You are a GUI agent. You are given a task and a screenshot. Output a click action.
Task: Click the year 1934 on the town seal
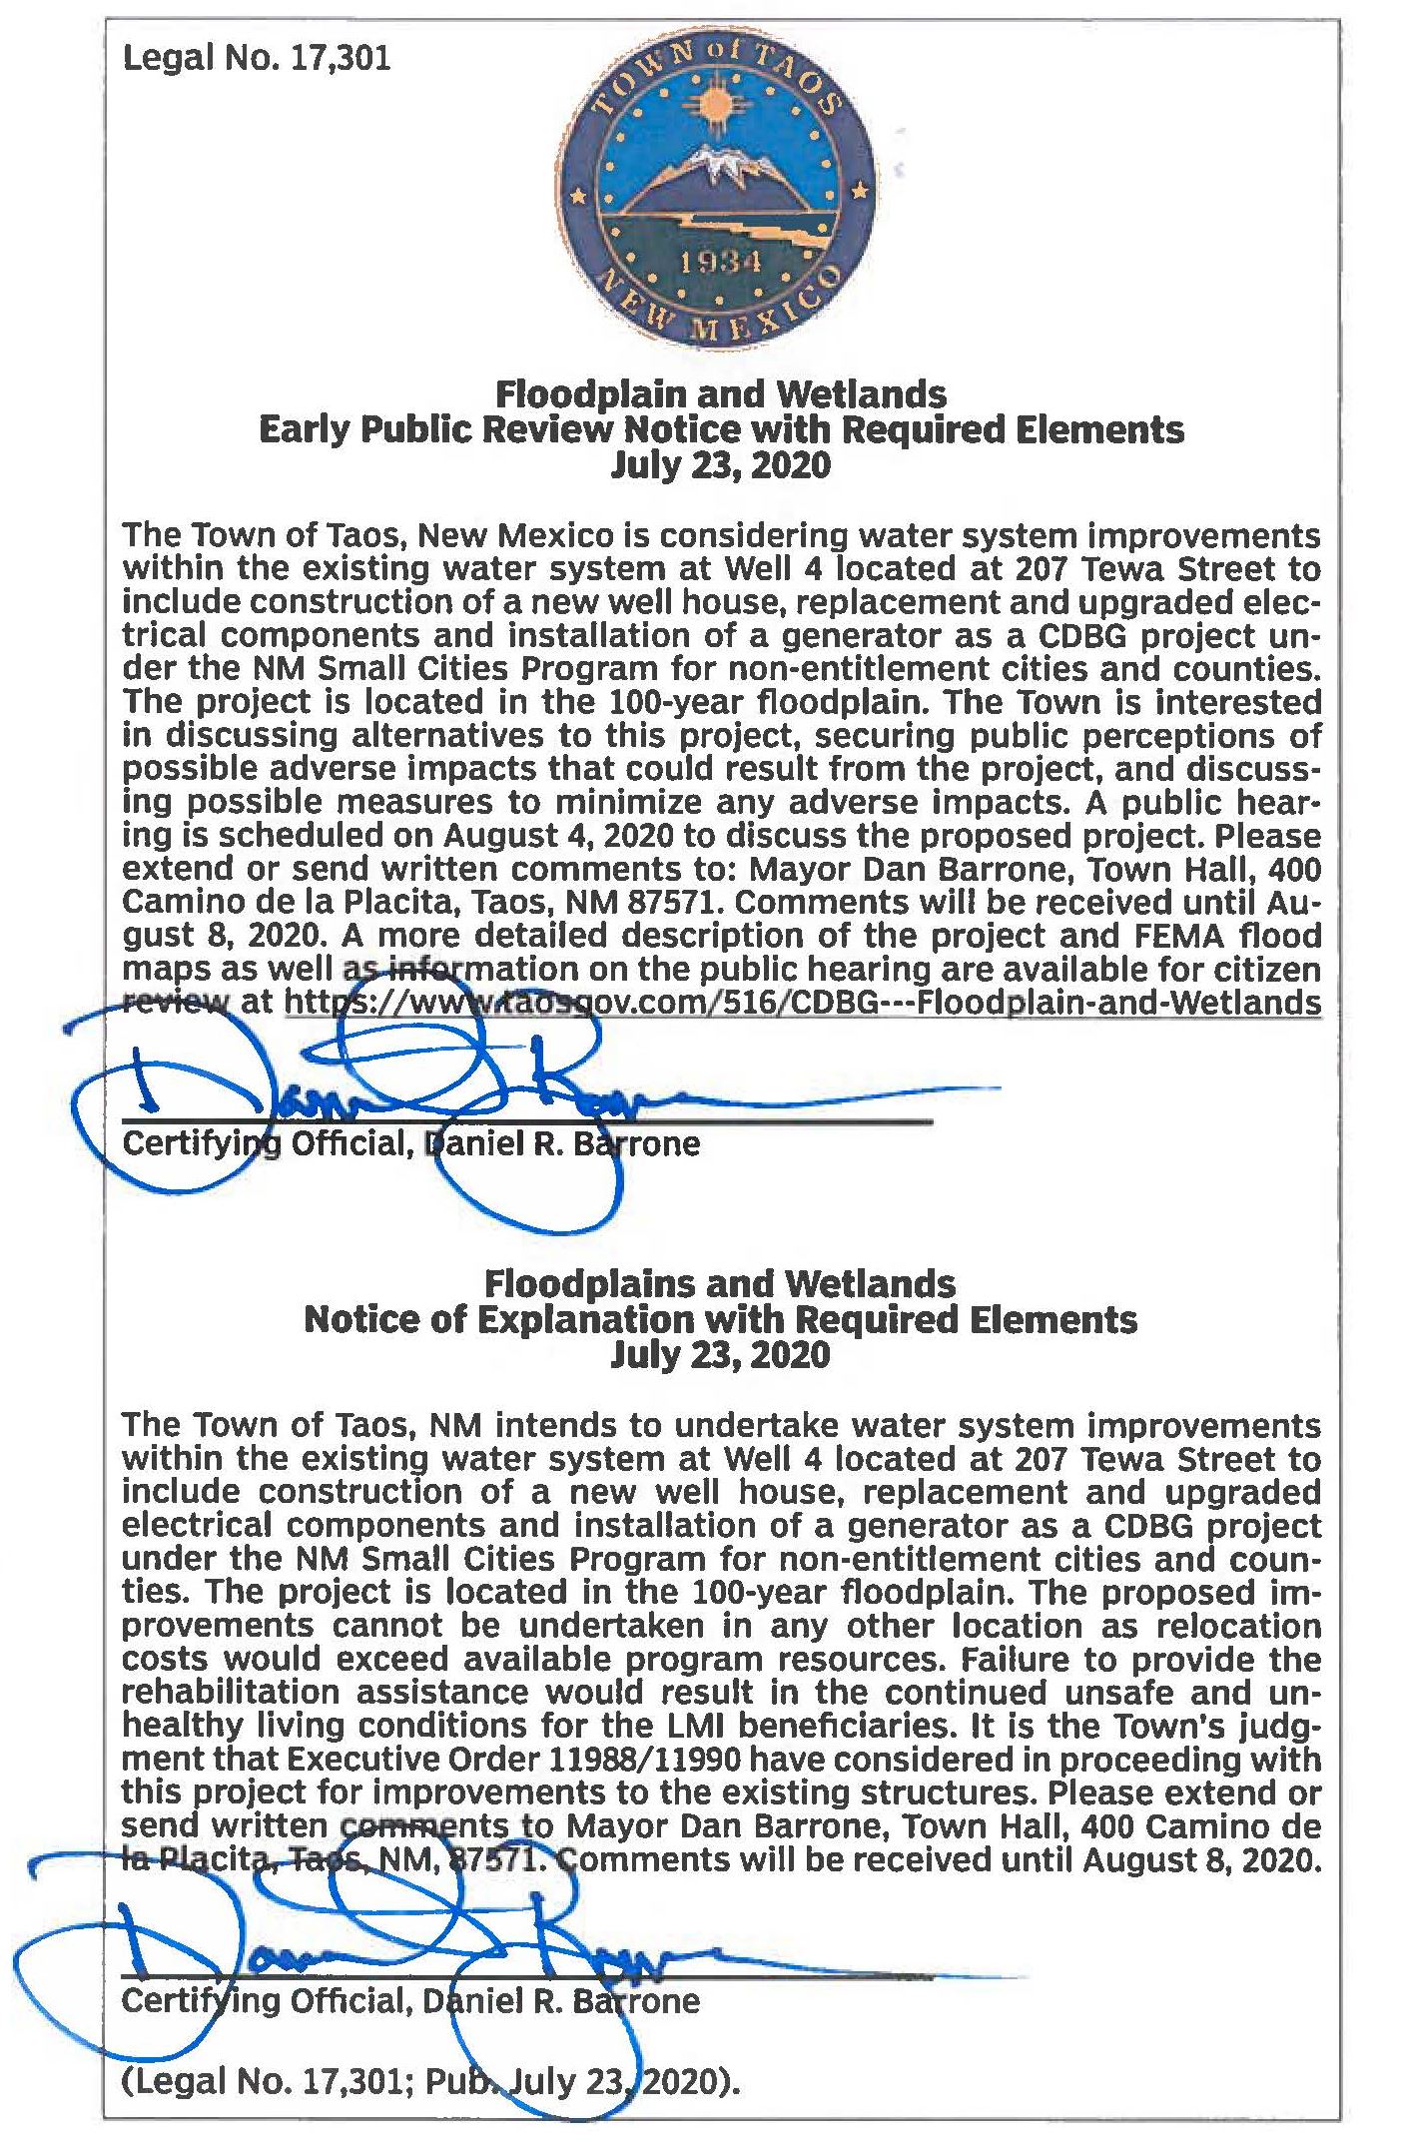pos(720,263)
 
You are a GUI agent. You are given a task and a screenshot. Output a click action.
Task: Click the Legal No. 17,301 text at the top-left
pos(256,59)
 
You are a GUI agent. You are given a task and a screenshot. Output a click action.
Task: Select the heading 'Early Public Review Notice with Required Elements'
pos(721,429)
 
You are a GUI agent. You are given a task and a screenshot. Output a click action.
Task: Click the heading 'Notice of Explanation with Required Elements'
pos(721,1319)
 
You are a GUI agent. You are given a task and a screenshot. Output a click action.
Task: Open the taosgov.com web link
pos(803,1002)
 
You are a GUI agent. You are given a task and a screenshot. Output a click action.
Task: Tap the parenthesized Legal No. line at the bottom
pos(430,2082)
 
